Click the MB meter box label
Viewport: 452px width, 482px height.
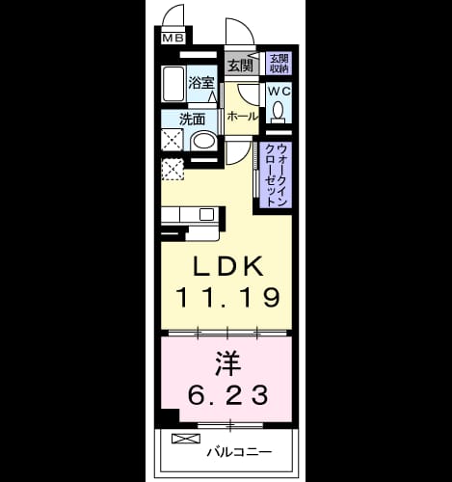tap(173, 39)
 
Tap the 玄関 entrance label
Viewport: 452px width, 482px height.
tap(241, 66)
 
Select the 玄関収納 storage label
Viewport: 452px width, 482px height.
tap(279, 64)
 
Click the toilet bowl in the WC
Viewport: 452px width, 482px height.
tap(279, 111)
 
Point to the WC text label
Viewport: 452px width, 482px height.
tap(279, 92)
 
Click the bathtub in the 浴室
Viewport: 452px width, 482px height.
tap(173, 84)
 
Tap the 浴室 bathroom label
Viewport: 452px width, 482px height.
tap(201, 83)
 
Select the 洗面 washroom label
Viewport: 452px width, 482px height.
tap(192, 120)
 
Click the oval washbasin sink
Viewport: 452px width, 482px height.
tap(203, 142)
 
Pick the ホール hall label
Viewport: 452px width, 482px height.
tap(243, 116)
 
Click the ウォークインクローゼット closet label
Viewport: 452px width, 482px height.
tap(277, 175)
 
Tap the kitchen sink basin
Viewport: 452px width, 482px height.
tap(206, 214)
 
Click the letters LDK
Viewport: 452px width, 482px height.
tap(227, 266)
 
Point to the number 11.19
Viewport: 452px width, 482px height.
tap(227, 298)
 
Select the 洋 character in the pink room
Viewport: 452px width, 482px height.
tap(228, 363)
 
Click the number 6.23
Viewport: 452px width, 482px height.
tap(227, 395)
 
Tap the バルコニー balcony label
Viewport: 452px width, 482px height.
tap(239, 452)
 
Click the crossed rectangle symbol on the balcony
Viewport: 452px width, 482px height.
tap(186, 439)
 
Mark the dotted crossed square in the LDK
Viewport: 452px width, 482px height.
tap(173, 170)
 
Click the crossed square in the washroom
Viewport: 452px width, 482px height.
tap(173, 140)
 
